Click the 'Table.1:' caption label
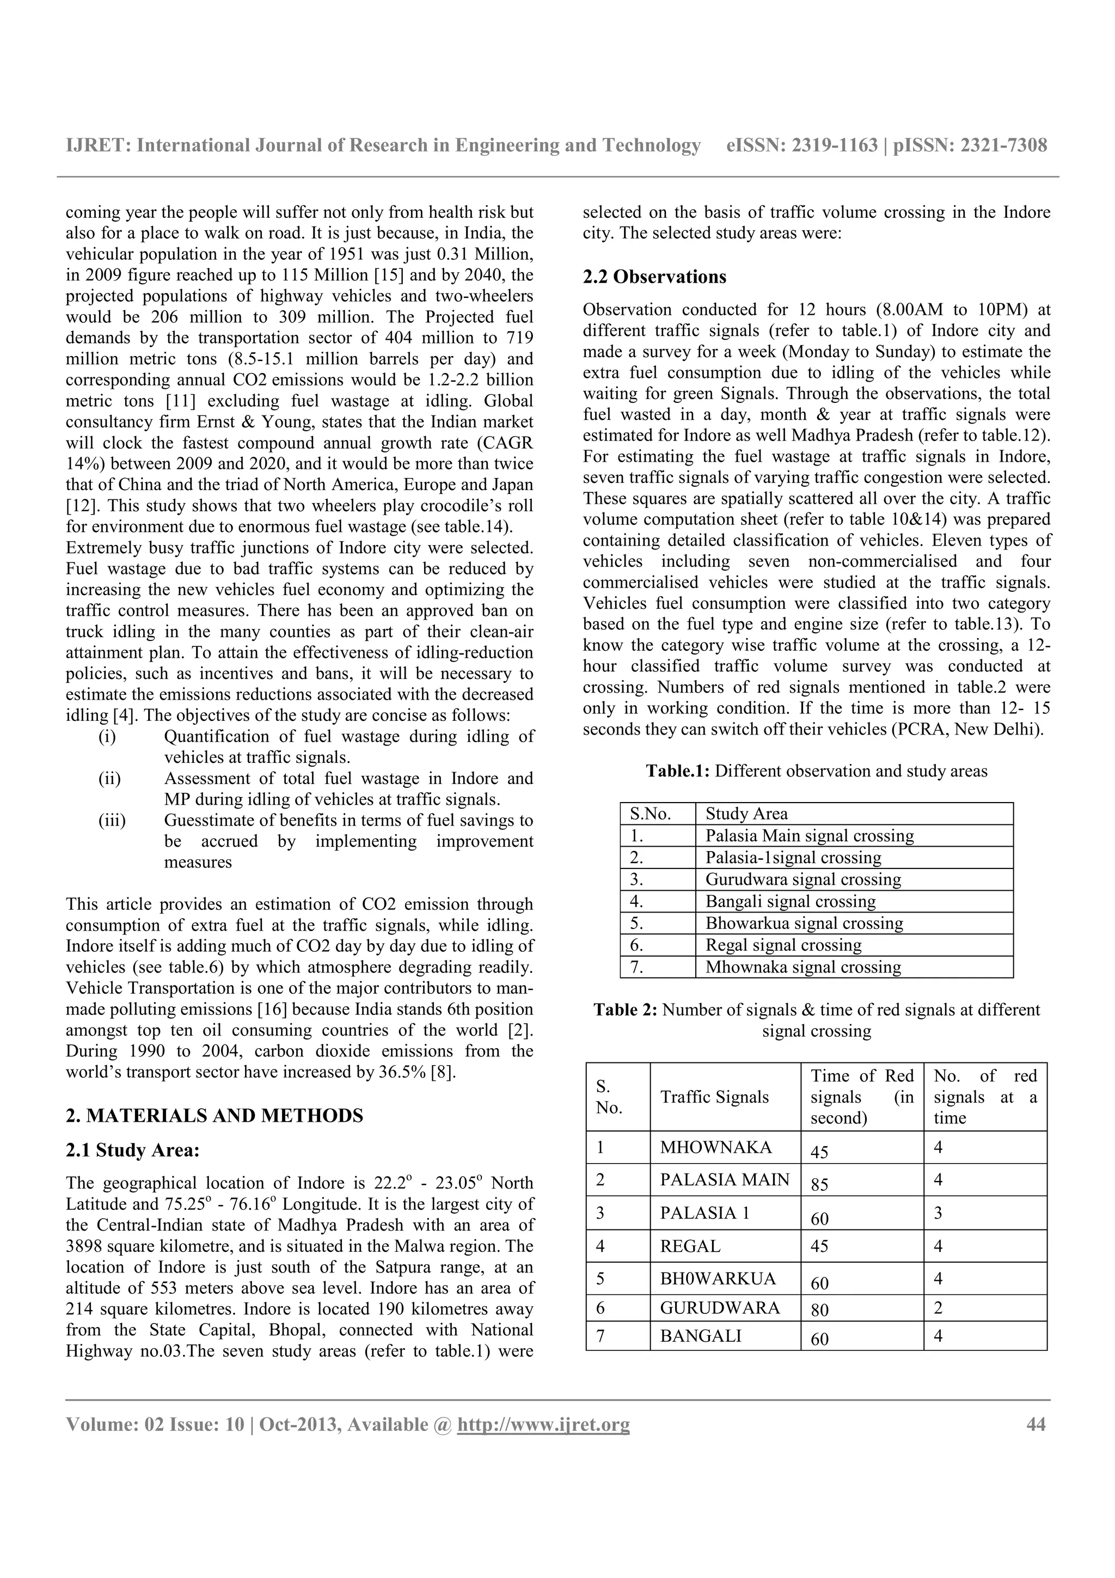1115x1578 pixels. coord(677,771)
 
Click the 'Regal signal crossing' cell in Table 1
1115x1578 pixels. coord(783,945)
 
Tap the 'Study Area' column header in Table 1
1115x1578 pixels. coord(746,814)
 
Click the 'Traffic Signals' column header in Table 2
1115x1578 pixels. coord(714,1097)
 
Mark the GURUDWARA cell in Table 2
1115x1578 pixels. coord(719,1308)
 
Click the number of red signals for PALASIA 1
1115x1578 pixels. coord(938,1213)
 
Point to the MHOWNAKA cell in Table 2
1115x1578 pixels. coord(715,1147)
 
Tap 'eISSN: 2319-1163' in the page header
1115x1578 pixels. coord(802,146)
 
